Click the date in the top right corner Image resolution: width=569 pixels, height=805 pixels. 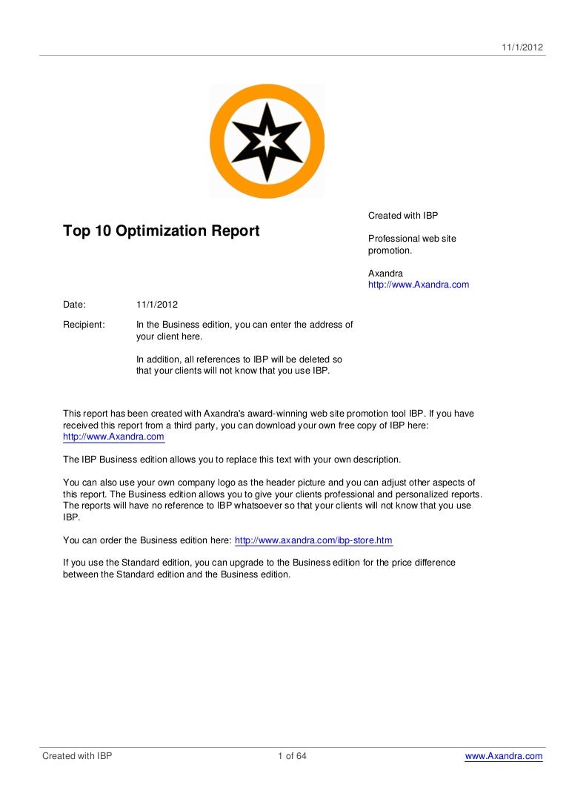[523, 47]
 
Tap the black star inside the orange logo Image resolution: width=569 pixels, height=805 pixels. [267, 141]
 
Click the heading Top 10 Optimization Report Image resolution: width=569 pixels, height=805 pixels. [162, 231]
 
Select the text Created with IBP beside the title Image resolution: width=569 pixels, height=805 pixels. [403, 216]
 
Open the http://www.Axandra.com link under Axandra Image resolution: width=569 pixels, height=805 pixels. [419, 285]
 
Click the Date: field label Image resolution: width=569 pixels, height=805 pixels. [75, 305]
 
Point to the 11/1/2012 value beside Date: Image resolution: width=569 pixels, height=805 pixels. [157, 305]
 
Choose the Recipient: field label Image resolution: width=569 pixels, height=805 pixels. [84, 325]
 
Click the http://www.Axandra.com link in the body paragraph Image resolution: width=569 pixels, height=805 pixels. [113, 437]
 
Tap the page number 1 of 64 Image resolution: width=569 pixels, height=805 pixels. [292, 756]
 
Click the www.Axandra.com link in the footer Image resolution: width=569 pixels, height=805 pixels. [504, 756]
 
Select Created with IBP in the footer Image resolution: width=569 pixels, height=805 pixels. [77, 756]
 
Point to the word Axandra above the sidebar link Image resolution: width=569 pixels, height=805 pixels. [385, 274]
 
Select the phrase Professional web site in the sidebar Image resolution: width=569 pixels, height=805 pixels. [412, 239]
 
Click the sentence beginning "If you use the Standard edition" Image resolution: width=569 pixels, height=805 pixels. [259, 563]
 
